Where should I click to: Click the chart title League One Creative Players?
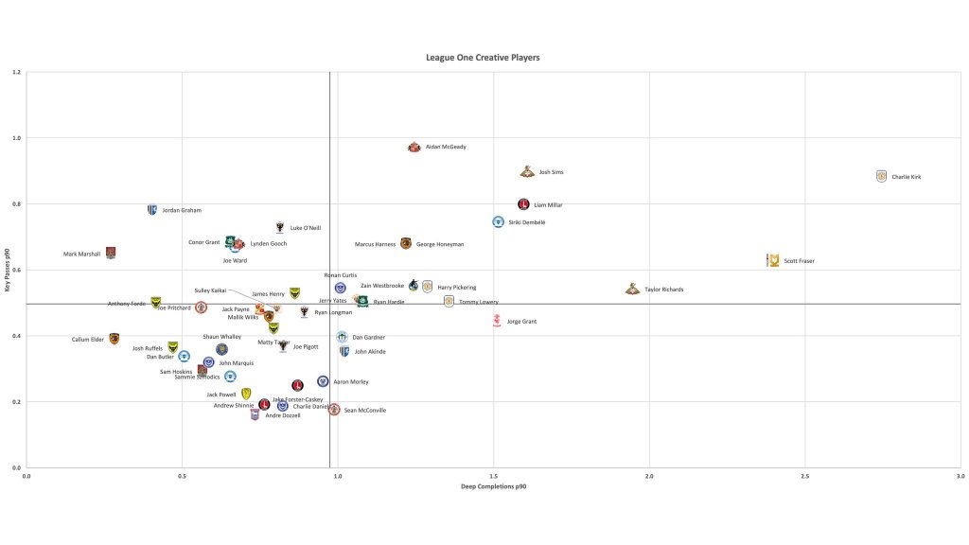point(483,58)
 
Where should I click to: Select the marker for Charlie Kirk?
point(881,176)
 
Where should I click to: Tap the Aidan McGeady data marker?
point(414,148)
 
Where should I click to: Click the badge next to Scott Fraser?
point(773,260)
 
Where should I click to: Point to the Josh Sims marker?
point(527,172)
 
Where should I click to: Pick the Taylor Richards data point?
point(632,290)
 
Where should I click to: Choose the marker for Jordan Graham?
point(151,210)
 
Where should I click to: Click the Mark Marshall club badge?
point(111,253)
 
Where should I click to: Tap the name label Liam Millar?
point(548,204)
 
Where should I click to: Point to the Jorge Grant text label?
point(521,322)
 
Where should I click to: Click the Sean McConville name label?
point(364,411)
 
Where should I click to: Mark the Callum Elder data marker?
point(115,339)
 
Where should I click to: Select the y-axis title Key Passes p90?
point(9,270)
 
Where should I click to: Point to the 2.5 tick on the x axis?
point(805,476)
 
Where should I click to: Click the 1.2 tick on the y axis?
point(17,73)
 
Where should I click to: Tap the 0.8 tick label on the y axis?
point(17,204)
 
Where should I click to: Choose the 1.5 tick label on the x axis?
point(494,476)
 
